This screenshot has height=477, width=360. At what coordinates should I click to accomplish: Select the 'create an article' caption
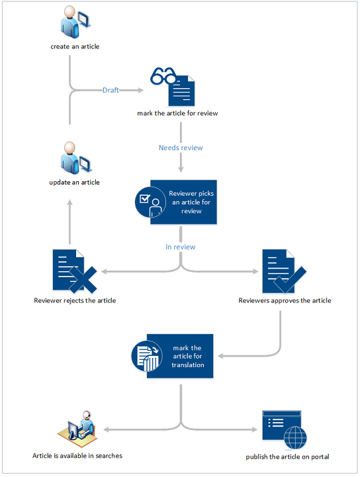(75, 47)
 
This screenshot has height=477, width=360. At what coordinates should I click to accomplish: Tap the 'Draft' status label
(111, 90)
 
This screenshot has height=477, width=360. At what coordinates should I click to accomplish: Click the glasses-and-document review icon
(175, 86)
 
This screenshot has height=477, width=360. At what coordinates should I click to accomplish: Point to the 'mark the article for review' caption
(177, 113)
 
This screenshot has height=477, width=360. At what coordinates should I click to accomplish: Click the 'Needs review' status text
(181, 148)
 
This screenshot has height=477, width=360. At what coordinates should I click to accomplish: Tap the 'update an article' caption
(75, 183)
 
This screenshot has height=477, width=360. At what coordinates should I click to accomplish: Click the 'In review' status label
(180, 247)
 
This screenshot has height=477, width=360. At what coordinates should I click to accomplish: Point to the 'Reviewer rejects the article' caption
(75, 300)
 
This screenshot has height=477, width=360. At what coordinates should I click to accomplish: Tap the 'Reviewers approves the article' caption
(285, 300)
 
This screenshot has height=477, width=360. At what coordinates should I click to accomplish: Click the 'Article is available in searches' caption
(77, 456)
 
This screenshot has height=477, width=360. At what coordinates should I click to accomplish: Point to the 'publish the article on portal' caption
(287, 456)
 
